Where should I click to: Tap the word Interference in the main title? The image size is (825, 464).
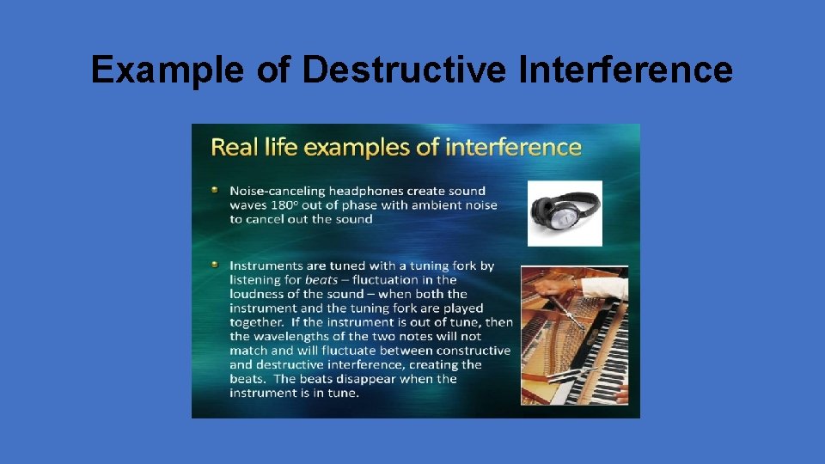pos(626,70)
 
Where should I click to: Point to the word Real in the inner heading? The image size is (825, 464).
pos(231,147)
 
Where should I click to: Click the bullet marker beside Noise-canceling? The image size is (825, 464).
pos(216,190)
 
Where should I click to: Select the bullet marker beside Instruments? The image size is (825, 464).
pos(216,265)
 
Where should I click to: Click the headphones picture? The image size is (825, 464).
pos(565,213)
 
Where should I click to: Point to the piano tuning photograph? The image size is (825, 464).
pos(574,334)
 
